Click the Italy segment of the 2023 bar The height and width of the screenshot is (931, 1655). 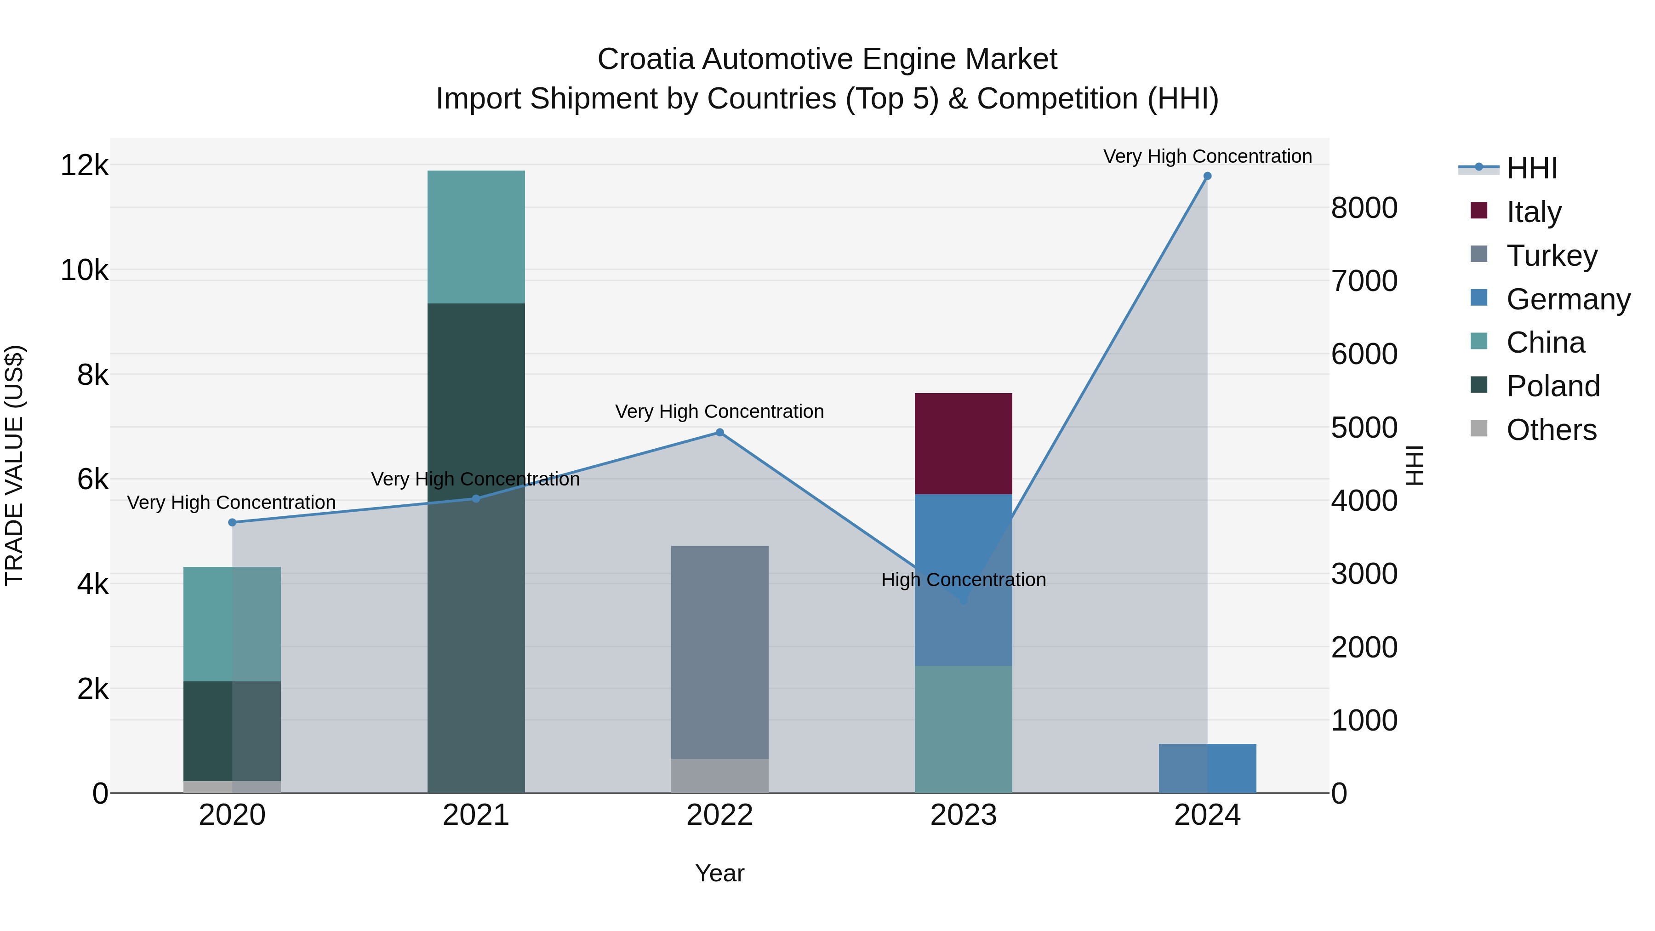[x=963, y=443]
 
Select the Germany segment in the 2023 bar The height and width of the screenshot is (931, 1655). [x=963, y=546]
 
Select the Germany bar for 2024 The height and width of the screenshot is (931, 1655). [x=1207, y=768]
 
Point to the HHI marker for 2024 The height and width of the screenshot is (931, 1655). [x=1207, y=176]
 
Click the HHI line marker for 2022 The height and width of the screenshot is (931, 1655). [x=719, y=433]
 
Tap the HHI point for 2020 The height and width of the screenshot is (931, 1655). [x=233, y=522]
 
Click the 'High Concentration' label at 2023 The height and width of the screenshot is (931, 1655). [x=963, y=580]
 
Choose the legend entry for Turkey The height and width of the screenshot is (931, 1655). [x=1552, y=256]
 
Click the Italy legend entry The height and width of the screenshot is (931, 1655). [x=1534, y=212]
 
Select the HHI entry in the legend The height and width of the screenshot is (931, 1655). [x=1532, y=168]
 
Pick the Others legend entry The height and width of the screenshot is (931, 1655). [x=1551, y=430]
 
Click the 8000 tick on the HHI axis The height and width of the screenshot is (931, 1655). [x=1364, y=208]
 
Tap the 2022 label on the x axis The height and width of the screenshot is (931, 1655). [x=719, y=815]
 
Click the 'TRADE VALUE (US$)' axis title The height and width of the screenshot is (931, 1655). [x=15, y=465]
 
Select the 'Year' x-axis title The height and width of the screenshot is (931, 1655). [x=719, y=873]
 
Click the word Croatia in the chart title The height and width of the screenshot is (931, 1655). [x=646, y=59]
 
